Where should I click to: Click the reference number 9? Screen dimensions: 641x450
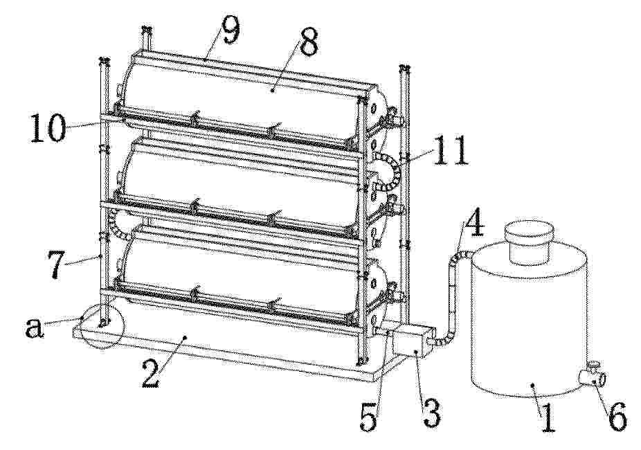230,30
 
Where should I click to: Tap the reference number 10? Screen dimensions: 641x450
48,127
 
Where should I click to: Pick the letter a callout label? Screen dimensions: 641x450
34,327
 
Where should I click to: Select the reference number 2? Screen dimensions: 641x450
151,374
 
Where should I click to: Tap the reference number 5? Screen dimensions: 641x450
370,415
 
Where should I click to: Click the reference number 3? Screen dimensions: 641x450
432,413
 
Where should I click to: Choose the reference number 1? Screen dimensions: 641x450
547,417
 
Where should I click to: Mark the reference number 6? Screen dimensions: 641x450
617,416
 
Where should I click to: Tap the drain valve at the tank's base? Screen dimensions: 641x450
592,374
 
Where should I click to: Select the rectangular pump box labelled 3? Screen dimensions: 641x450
412,339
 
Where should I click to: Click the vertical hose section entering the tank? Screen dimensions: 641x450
453,294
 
